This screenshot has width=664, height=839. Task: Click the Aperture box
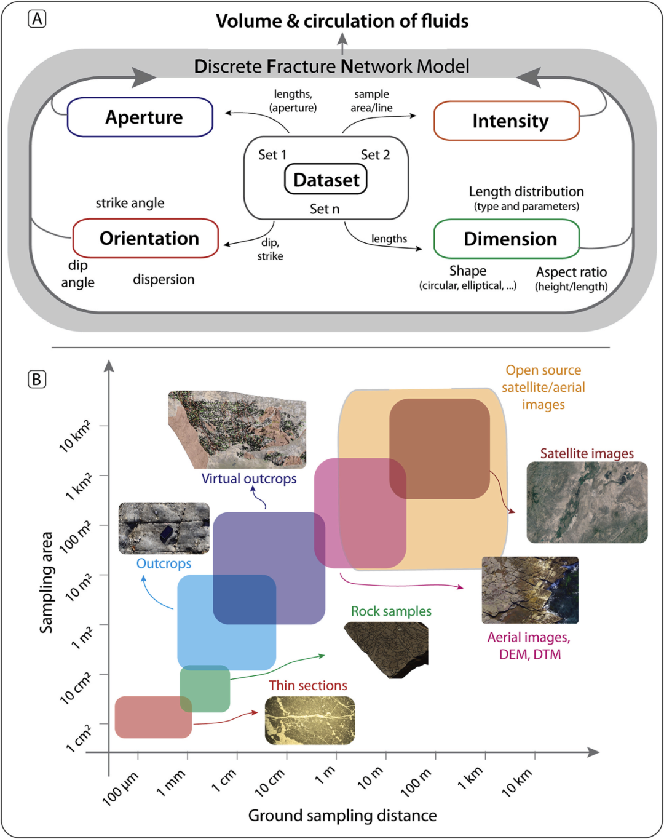point(140,117)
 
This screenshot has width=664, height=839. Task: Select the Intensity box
point(507,121)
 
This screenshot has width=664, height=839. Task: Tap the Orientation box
point(146,238)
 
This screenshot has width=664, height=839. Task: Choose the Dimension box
point(507,239)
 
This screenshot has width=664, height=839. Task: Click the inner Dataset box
point(326,180)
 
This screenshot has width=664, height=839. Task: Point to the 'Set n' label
point(325,209)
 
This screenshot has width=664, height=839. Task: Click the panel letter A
point(37,19)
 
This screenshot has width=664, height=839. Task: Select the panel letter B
point(37,379)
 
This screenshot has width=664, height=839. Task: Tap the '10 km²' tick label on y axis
point(76,435)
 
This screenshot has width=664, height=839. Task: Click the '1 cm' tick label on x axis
point(224,781)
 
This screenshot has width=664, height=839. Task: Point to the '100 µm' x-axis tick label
point(121,787)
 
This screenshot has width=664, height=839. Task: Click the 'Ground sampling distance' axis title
point(342,816)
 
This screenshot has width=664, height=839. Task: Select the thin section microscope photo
point(310,720)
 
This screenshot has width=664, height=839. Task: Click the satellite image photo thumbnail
point(587,502)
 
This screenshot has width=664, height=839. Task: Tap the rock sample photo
point(387,649)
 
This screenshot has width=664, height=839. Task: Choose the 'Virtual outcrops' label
point(249,479)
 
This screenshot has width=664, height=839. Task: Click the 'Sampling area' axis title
point(46,582)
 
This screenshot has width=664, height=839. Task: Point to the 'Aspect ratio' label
point(571,272)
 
